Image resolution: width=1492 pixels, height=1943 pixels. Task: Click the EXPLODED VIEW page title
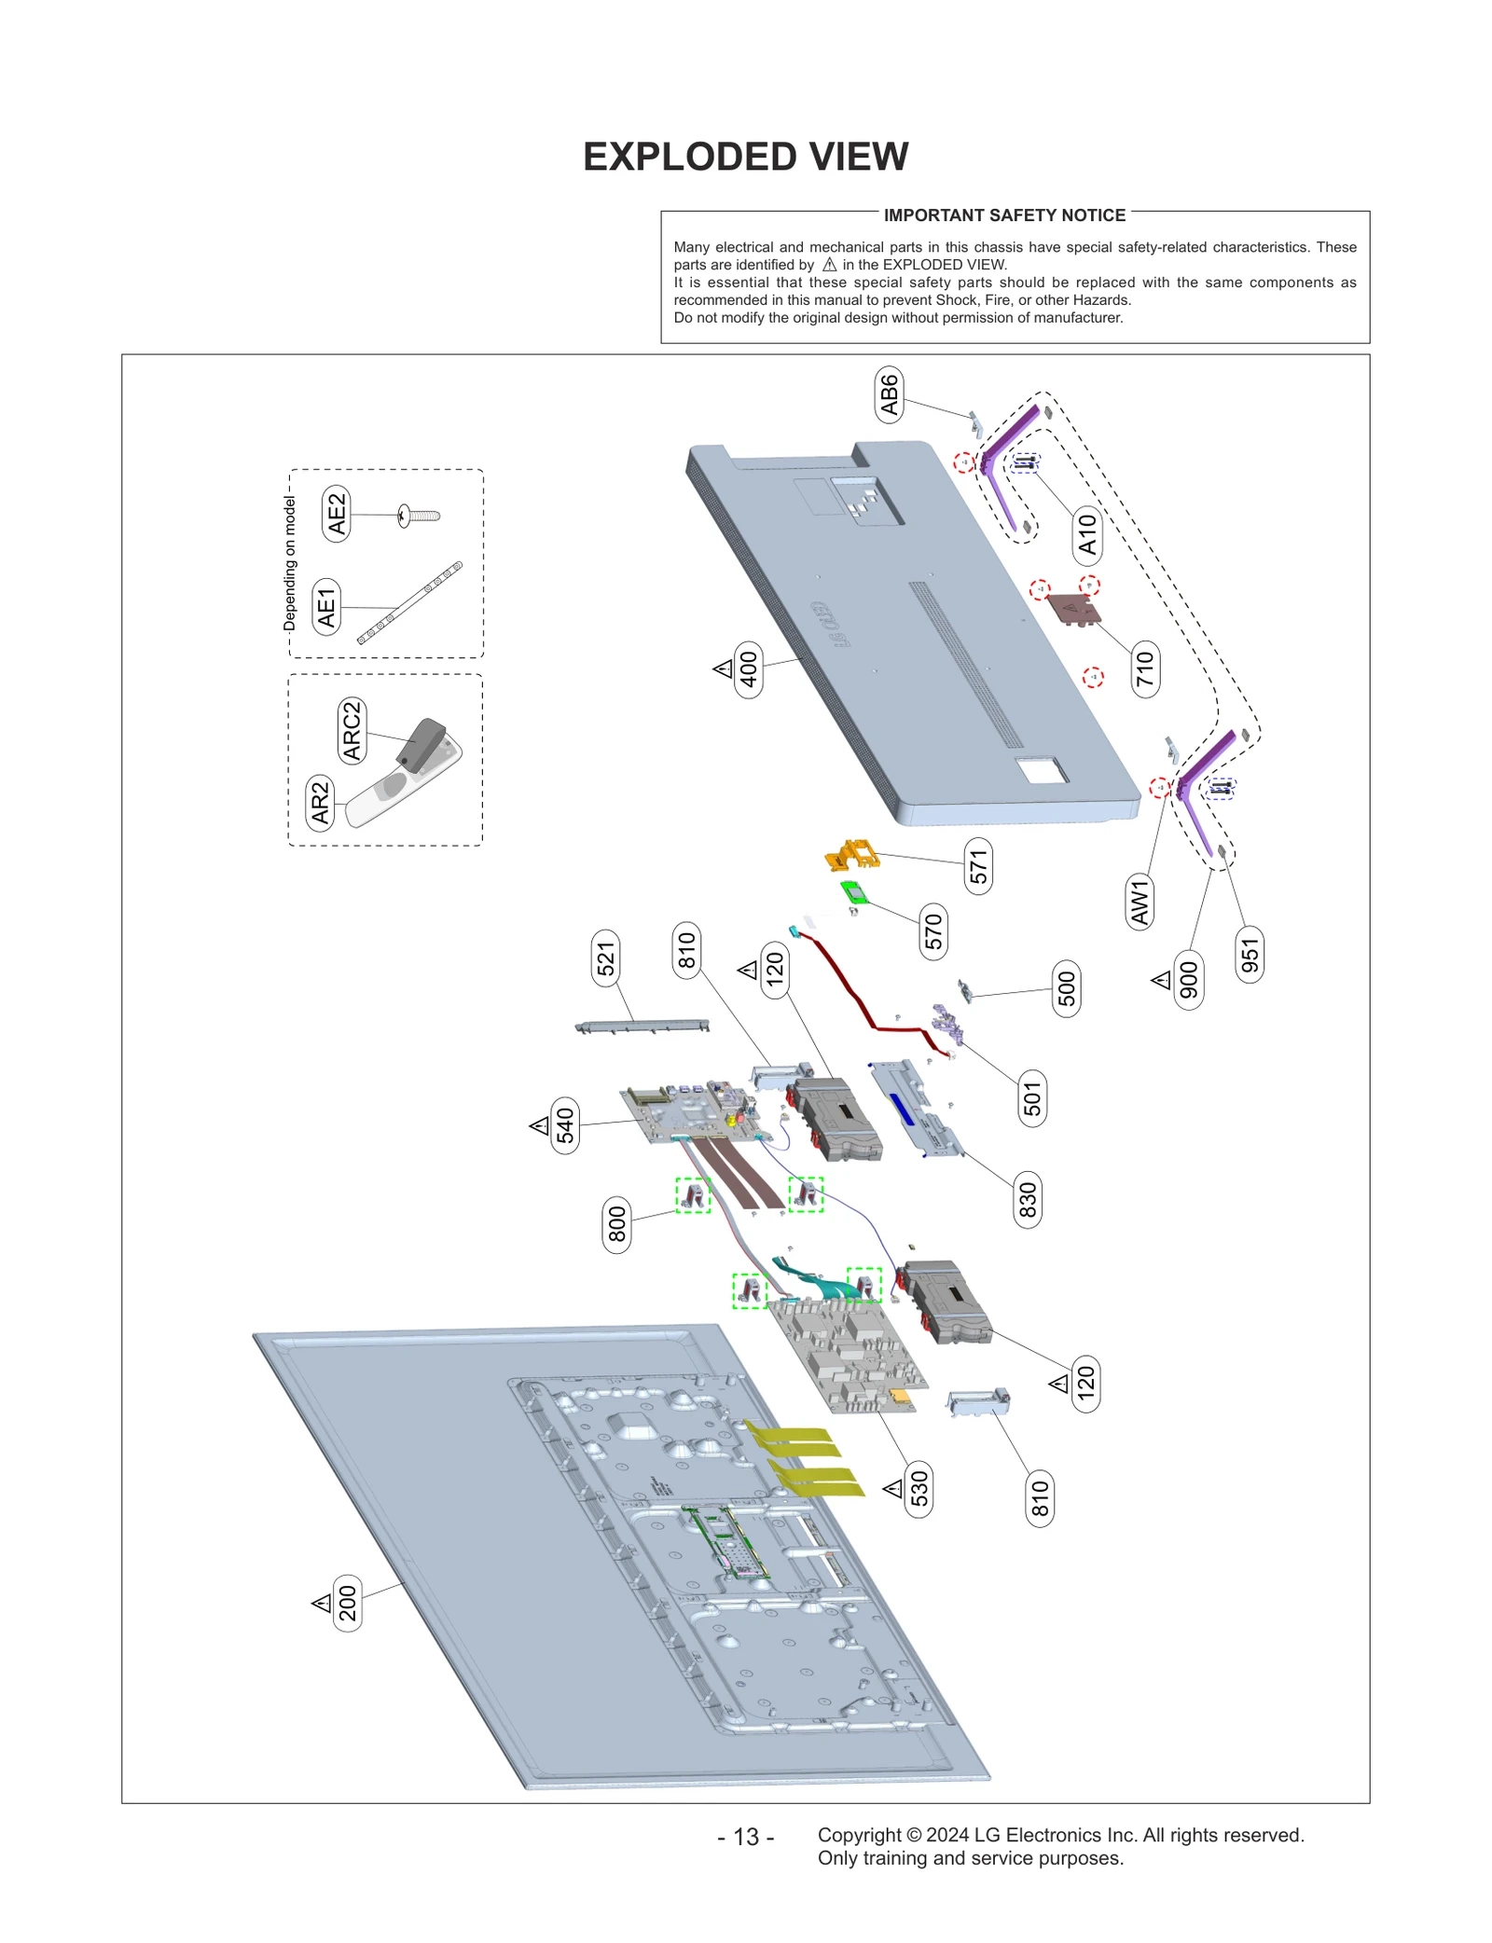click(745, 157)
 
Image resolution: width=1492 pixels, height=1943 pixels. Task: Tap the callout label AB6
click(889, 394)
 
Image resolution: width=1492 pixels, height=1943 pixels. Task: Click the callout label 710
click(1144, 668)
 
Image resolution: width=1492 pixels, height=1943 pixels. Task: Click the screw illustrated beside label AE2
click(419, 515)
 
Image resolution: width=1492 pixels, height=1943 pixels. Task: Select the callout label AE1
click(326, 607)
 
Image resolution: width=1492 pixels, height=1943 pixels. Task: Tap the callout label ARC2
click(352, 731)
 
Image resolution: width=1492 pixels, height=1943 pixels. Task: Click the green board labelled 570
click(852, 892)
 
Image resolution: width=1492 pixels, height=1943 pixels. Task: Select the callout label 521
click(606, 958)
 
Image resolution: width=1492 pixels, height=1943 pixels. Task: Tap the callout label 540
click(565, 1125)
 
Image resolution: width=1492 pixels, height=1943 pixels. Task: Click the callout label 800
click(616, 1225)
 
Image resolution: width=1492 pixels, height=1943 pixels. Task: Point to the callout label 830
click(1027, 1200)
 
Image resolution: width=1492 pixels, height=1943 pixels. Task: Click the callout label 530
click(919, 1489)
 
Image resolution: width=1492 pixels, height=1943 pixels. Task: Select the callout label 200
click(347, 1603)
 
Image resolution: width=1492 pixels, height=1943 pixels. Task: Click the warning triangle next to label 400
click(723, 668)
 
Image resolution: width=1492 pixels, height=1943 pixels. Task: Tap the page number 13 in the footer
click(745, 1837)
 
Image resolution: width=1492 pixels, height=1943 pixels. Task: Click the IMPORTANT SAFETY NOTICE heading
click(1004, 215)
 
